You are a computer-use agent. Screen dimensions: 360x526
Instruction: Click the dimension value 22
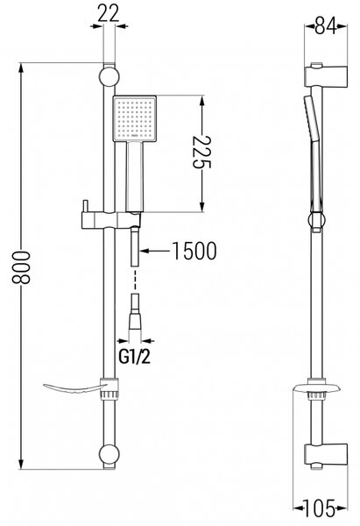coord(109,14)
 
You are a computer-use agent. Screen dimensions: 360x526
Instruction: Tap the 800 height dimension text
coord(21,267)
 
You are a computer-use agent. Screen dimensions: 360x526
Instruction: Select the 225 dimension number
coord(201,152)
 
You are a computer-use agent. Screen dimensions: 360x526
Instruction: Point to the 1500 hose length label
coord(194,251)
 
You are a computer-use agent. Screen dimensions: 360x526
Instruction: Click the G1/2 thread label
coord(134,358)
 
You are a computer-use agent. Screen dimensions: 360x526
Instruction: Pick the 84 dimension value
coord(326,26)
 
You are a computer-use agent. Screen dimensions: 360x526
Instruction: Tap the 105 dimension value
coord(320,508)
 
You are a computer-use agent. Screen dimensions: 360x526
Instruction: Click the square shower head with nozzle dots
coord(135,118)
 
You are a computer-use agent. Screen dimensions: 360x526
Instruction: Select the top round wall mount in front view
coord(109,76)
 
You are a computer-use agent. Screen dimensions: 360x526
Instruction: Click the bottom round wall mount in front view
coord(109,454)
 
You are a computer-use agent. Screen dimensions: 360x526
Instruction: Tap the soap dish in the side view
coord(317,388)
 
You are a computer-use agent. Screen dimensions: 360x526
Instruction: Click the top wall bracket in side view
coord(326,75)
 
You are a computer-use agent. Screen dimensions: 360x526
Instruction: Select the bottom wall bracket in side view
coord(326,454)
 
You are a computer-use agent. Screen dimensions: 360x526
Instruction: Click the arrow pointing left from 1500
coord(154,251)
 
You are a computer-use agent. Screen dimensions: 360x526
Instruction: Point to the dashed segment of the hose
coord(135,279)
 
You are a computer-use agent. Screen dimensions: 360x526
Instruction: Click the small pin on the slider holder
coord(86,206)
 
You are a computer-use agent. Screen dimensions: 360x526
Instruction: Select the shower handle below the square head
coord(135,177)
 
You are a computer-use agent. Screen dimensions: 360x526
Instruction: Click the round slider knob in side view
coord(316,220)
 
